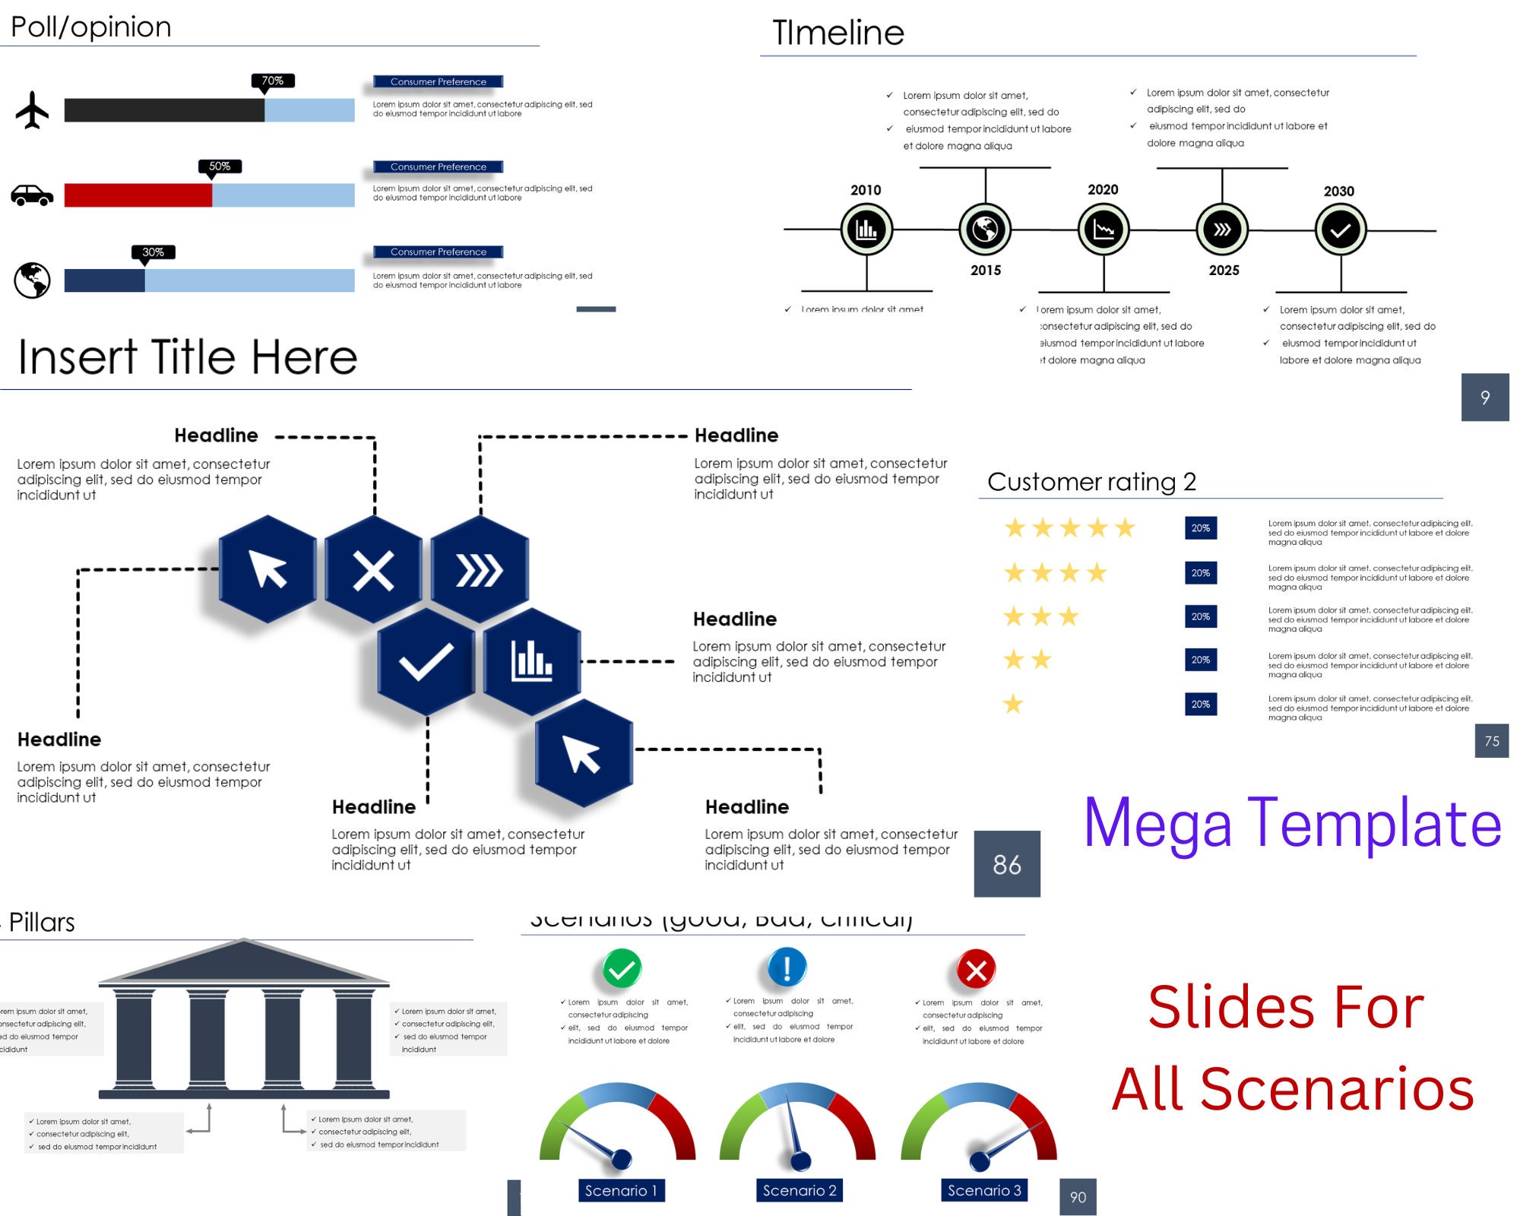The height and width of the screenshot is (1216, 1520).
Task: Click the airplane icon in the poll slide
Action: (x=32, y=110)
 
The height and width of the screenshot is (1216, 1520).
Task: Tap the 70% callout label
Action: (x=273, y=81)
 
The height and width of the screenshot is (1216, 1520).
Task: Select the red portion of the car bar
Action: (x=138, y=195)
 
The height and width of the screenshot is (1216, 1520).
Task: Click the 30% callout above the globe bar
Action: (x=153, y=252)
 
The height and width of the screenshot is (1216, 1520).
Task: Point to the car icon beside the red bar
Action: (x=32, y=195)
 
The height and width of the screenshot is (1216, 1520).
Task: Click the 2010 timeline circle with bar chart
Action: (x=866, y=229)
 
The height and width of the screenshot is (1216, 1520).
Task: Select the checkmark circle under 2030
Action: (x=1341, y=230)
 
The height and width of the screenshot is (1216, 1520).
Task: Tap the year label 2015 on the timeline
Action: (x=986, y=271)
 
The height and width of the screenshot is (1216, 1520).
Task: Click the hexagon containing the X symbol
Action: (x=373, y=570)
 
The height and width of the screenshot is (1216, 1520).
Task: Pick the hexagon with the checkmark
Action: (x=426, y=661)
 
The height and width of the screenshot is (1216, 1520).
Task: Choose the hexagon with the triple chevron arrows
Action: (x=480, y=570)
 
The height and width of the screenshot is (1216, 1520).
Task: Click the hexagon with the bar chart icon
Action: (x=532, y=661)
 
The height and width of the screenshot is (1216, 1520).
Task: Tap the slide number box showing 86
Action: (x=1007, y=864)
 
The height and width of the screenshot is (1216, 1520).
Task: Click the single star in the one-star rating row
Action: (x=1013, y=705)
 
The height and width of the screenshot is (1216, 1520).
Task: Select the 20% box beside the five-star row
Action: (x=1201, y=528)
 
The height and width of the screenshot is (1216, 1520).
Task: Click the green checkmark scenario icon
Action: (x=622, y=968)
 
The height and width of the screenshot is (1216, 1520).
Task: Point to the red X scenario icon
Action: (x=977, y=970)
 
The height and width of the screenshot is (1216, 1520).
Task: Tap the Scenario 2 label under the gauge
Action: (x=800, y=1190)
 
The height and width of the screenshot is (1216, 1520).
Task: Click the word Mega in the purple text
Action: (x=1157, y=824)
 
